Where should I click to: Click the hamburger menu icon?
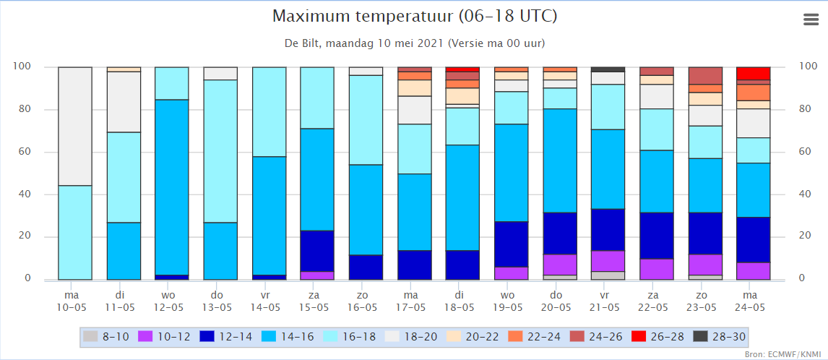pos(810,20)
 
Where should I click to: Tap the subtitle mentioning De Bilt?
pos(415,43)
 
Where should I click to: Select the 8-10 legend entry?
pos(106,335)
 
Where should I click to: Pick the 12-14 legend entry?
pos(228,335)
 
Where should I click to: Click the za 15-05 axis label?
pos(317,300)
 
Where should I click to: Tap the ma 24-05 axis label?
pos(754,300)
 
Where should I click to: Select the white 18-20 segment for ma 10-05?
pos(75,127)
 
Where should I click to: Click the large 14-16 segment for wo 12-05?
pos(171,187)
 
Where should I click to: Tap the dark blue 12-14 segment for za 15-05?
pos(317,251)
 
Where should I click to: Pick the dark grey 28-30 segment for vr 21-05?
pos(608,69)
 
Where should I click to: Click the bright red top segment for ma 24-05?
pos(754,74)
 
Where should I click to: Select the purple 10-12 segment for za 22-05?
pos(656,269)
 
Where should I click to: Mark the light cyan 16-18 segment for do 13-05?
pos(220,151)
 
